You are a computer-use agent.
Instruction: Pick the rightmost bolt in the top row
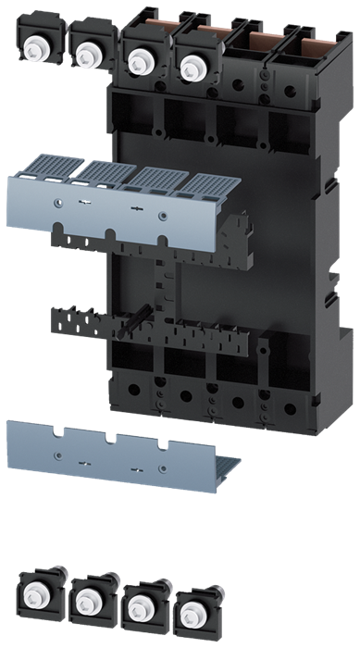192,65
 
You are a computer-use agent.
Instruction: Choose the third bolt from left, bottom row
141,605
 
